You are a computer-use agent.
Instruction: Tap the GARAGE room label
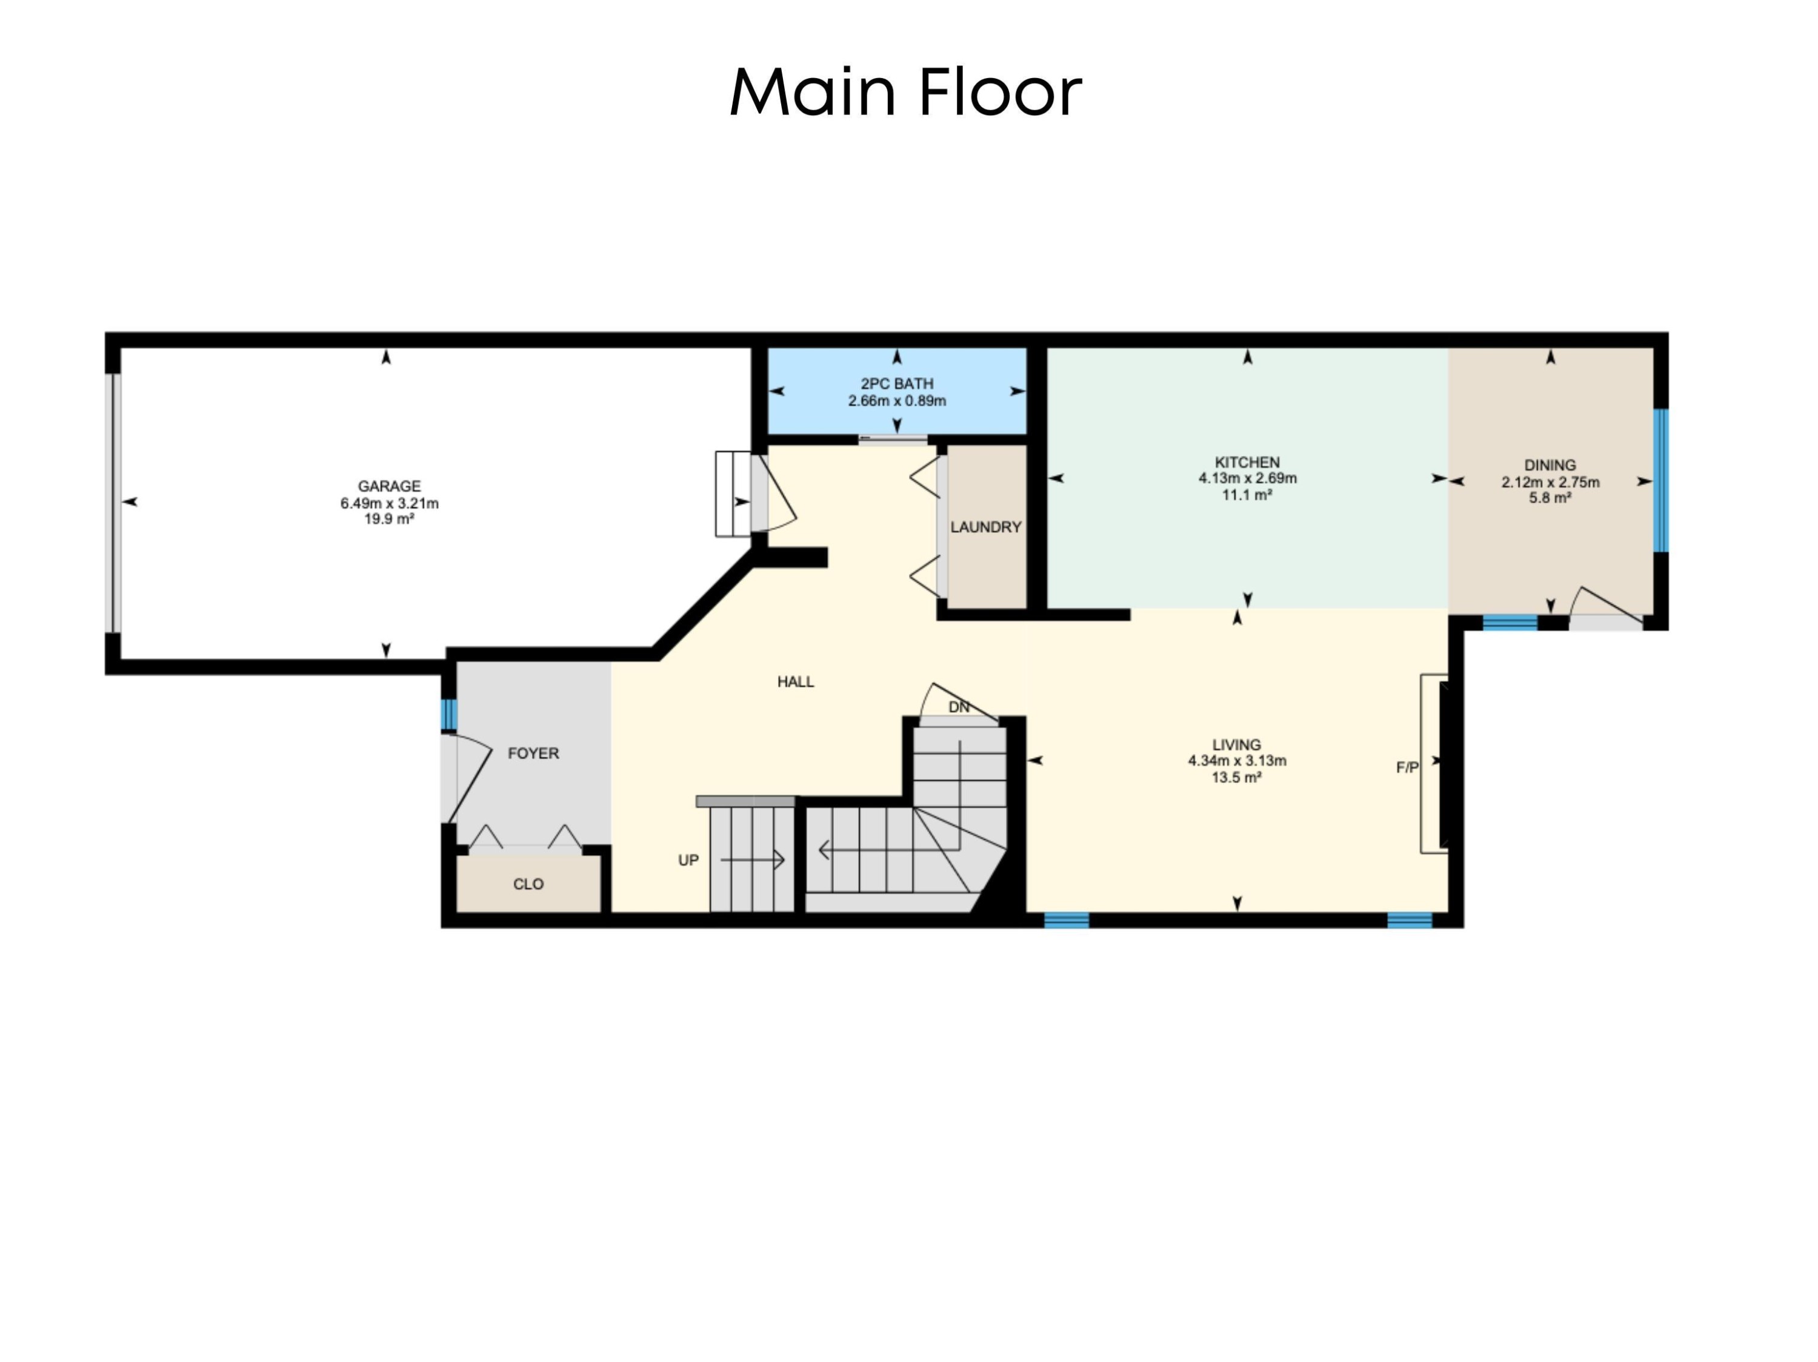click(389, 486)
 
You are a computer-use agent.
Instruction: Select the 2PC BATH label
click(897, 383)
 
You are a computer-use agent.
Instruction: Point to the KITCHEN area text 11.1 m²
click(1247, 495)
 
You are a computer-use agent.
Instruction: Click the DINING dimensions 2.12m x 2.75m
click(1550, 482)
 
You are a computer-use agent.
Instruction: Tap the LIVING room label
click(1236, 745)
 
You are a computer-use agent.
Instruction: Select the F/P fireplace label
click(1407, 768)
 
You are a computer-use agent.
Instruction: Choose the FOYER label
click(533, 753)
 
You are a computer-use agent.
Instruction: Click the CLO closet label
click(528, 885)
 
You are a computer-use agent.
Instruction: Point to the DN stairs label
click(958, 707)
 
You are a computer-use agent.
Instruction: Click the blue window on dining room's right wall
click(1660, 481)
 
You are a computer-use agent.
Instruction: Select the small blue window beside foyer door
click(449, 715)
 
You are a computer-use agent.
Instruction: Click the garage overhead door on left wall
click(116, 503)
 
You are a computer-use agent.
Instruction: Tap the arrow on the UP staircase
click(753, 860)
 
